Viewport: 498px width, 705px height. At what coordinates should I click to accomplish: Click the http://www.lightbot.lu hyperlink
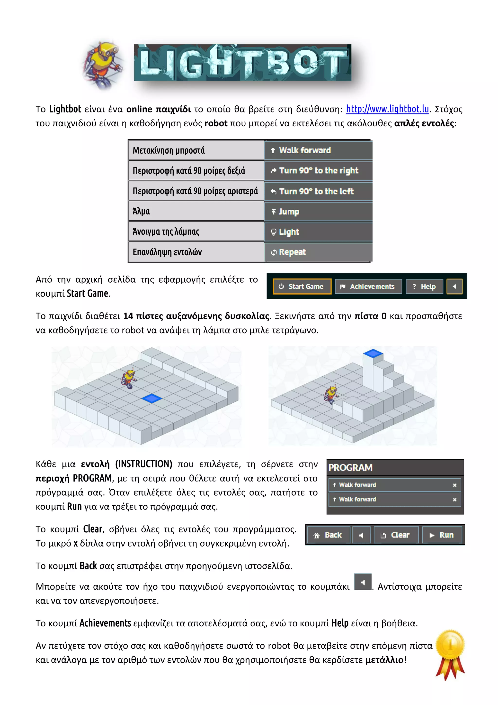coord(387,109)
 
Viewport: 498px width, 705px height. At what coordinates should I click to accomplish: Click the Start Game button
coord(302,287)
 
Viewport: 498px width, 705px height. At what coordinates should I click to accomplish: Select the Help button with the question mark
coord(424,287)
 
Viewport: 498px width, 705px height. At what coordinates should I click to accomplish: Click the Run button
coord(442,535)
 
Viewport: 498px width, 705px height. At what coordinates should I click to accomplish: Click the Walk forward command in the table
coord(318,150)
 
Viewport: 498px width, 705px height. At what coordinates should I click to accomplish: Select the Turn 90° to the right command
coord(318,171)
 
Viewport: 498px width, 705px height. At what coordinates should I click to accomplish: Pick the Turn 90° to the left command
coord(318,191)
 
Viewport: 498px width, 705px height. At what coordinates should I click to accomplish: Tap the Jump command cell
coord(318,212)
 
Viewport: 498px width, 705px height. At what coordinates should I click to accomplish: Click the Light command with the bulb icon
coord(318,232)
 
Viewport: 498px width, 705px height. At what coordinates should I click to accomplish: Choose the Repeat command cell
coord(318,252)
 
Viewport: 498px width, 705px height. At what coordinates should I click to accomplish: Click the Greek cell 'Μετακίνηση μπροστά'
coord(196,150)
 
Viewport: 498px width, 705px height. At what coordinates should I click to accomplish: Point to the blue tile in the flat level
coord(151,399)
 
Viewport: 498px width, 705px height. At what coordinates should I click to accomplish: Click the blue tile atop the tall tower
coord(373,353)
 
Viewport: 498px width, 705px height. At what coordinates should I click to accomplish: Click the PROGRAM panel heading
coord(350,468)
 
